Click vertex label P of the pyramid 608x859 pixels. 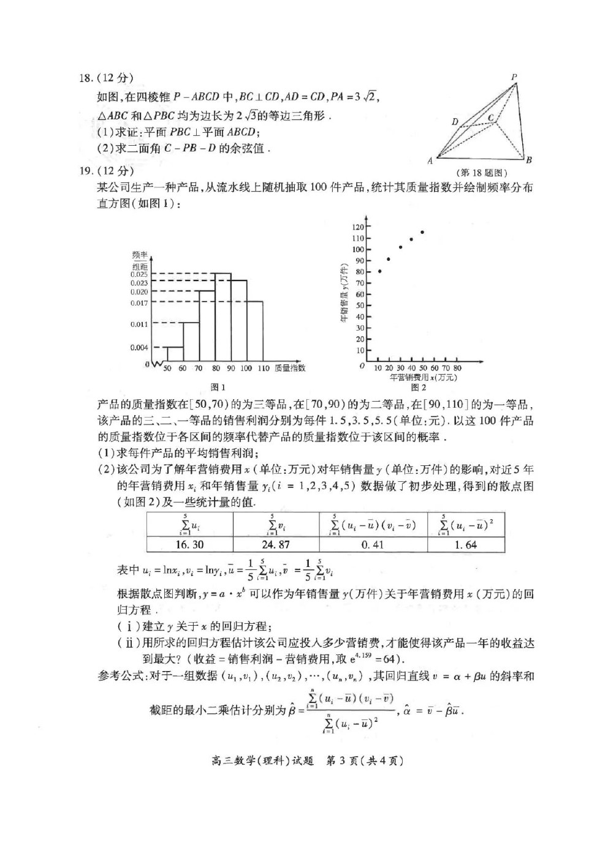[x=514, y=77]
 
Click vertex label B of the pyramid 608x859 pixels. [x=529, y=160]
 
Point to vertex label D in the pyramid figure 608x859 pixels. [x=455, y=122]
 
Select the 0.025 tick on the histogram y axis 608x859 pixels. [x=139, y=274]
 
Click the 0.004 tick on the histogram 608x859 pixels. [x=139, y=348]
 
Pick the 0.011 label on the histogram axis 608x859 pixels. [x=139, y=324]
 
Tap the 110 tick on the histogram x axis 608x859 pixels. [x=264, y=369]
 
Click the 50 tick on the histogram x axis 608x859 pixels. [x=167, y=369]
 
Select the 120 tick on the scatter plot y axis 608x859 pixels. [x=358, y=227]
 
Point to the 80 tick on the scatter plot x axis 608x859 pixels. [x=457, y=369]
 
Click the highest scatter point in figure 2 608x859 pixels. [x=422, y=232]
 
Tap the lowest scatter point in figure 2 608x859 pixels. [x=379, y=271]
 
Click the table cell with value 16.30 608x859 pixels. [x=189, y=544]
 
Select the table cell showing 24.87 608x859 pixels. [x=276, y=544]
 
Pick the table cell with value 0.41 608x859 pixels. [x=373, y=544]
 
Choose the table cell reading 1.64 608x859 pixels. [x=466, y=544]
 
